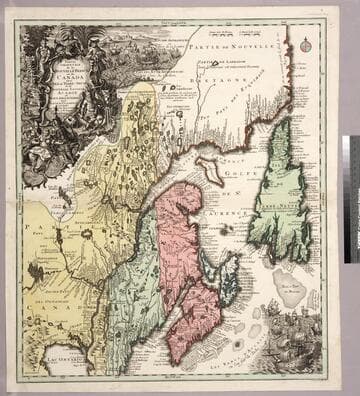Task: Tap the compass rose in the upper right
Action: [x=306, y=46]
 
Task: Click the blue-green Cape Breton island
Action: [x=231, y=277]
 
